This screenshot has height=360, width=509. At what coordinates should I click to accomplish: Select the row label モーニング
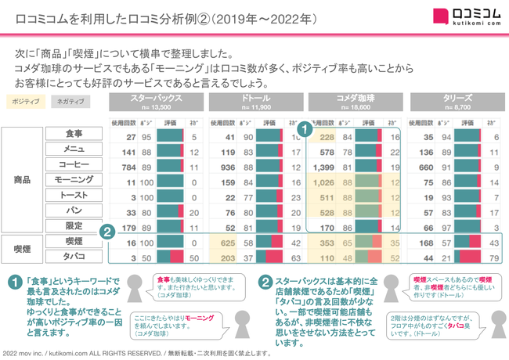point(74,181)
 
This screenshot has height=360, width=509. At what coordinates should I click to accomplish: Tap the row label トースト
point(74,196)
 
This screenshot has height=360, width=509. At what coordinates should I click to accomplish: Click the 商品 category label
point(23,179)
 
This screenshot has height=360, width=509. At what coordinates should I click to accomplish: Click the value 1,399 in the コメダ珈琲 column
point(323,166)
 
